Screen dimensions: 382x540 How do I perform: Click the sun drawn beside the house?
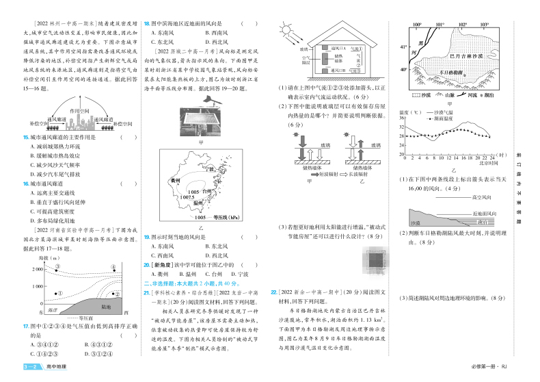coord(284,31)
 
